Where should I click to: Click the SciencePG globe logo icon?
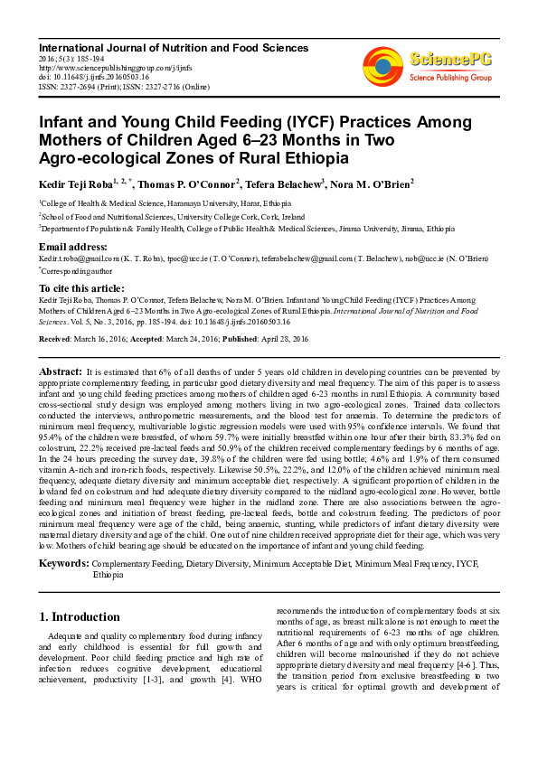[x=383, y=65]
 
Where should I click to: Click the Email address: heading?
[x=73, y=247]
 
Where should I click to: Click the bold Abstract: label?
[x=61, y=371]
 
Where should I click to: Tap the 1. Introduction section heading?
[x=80, y=617]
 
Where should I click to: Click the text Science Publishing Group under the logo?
[x=450, y=78]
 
